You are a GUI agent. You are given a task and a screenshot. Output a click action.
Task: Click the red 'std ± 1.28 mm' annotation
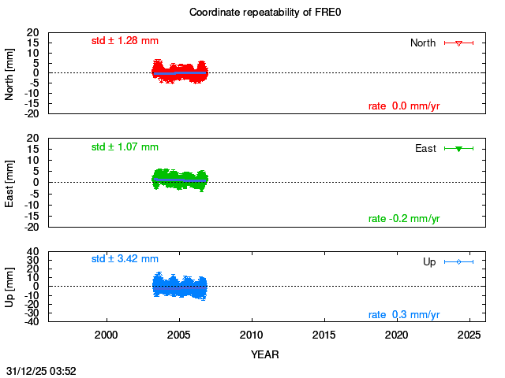[125, 40]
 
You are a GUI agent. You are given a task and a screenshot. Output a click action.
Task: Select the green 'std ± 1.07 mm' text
[125, 146]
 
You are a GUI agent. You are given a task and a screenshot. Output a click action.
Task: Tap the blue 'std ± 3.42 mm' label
[125, 258]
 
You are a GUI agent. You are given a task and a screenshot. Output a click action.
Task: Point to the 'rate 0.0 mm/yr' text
[404, 106]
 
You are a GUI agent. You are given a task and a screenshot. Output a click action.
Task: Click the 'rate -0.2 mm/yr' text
[404, 219]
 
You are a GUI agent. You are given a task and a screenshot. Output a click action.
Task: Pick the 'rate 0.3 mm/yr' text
[404, 315]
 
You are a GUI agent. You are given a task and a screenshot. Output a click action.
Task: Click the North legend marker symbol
[458, 43]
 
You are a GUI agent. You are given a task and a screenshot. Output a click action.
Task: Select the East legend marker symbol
[458, 149]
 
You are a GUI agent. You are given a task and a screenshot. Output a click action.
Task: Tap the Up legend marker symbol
[458, 261]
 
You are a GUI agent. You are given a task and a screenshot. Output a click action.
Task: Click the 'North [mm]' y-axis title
[10, 72]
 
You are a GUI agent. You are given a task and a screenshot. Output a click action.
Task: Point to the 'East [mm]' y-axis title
[10, 182]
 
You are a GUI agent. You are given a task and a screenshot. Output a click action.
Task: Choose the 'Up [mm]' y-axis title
[10, 285]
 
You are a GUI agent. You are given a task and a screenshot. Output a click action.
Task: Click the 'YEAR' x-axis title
[264, 354]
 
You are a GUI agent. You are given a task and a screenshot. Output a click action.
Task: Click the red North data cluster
[180, 72]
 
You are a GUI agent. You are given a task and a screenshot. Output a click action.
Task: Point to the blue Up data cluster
[180, 285]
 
